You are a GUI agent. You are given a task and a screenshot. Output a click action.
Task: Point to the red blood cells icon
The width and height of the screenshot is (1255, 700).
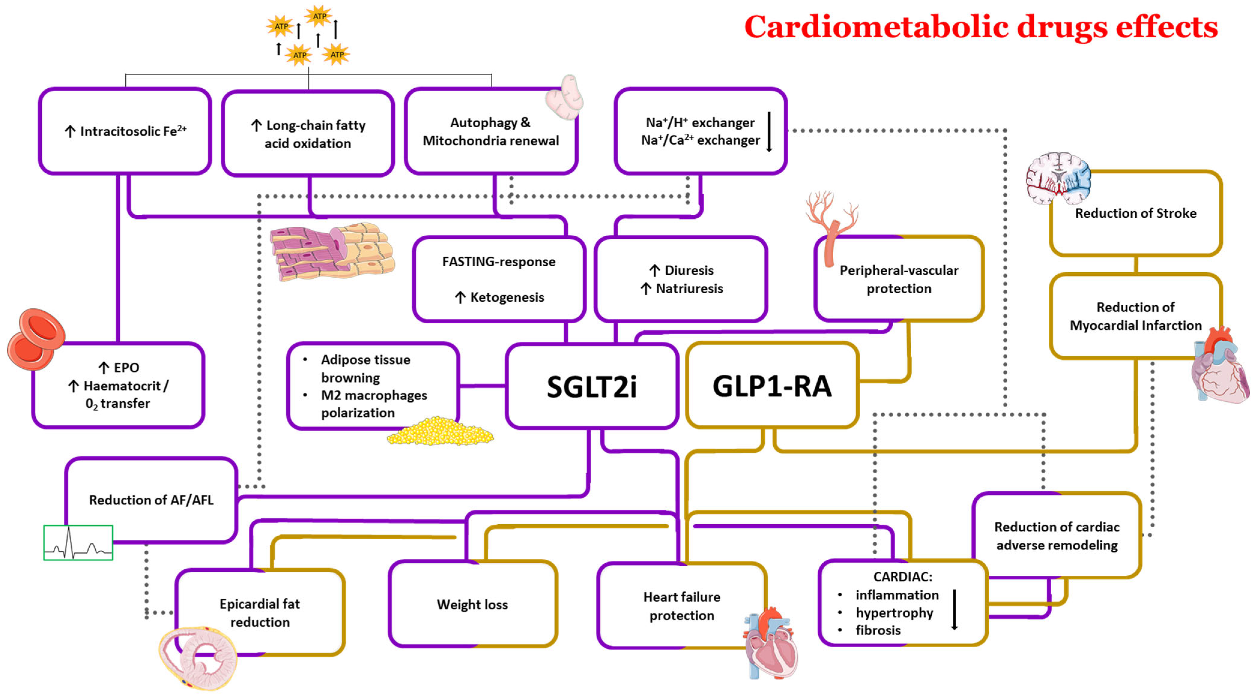coord(35,339)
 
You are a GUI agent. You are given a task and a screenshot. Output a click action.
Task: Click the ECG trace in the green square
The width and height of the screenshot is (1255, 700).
coord(78,543)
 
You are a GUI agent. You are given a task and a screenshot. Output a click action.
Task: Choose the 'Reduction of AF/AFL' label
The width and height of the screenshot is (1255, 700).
coord(151,500)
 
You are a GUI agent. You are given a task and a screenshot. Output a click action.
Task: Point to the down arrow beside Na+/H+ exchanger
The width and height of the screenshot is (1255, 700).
coord(769,131)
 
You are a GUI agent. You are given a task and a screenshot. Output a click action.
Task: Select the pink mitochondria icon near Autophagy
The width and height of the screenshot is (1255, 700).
coord(564,97)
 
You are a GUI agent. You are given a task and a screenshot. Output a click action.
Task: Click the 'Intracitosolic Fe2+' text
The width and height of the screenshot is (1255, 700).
coord(132,131)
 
